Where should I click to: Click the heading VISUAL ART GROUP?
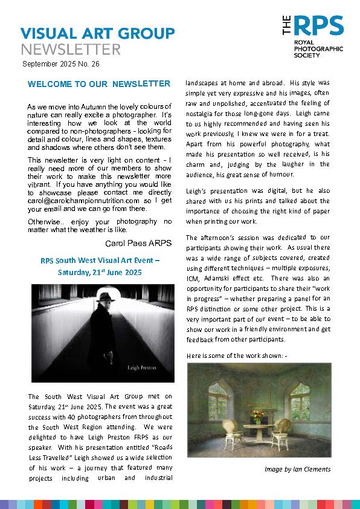[x=97, y=33]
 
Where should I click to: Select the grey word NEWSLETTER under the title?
[x=71, y=49]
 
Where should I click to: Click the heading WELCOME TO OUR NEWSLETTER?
[x=99, y=83]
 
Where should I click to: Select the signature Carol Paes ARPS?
[x=138, y=244]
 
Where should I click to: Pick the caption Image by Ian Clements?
[x=298, y=468]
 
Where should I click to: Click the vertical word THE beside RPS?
[x=288, y=26]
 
